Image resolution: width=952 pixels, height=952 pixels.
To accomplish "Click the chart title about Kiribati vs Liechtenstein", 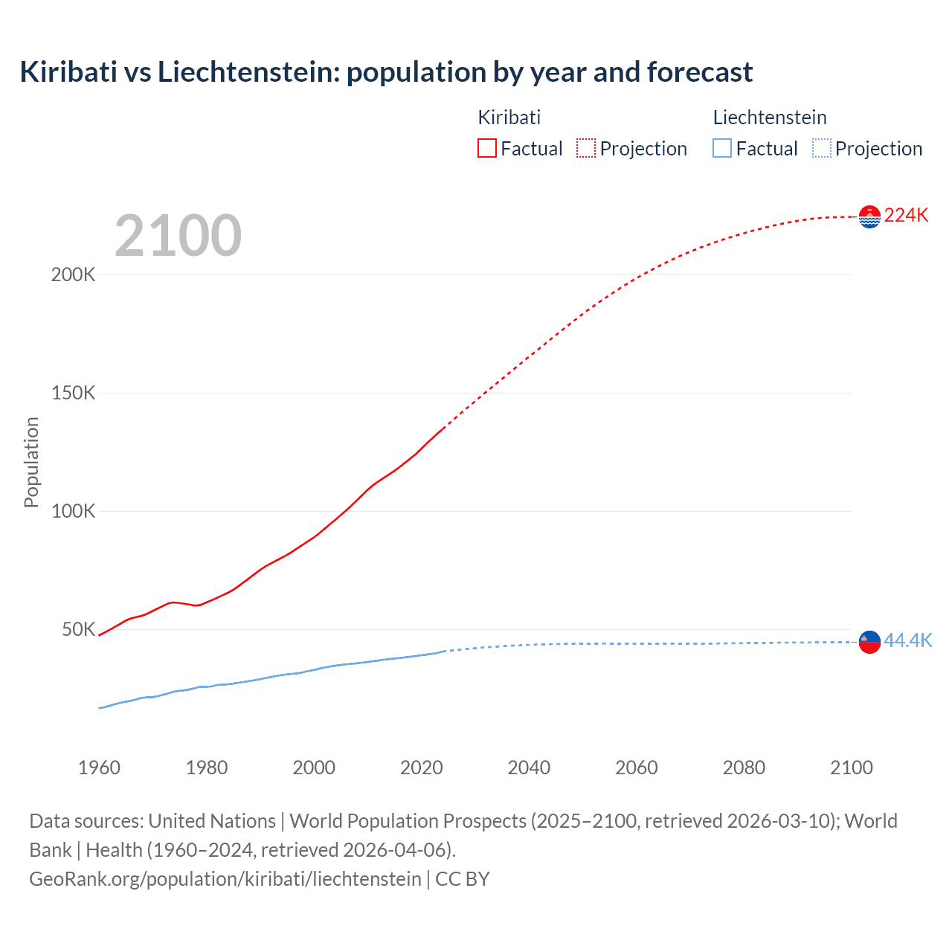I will coord(386,72).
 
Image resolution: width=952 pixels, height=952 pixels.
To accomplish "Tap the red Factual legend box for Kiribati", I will coord(486,149).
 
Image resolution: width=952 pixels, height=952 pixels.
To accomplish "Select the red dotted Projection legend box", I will coord(585,149).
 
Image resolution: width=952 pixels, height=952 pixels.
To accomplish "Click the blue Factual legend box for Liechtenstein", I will coord(721,149).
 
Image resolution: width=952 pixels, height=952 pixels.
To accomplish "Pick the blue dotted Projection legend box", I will coord(821,149).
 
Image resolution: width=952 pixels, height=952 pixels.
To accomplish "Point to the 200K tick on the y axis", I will coord(73,274).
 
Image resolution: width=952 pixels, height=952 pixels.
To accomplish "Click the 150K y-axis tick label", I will coord(73,393).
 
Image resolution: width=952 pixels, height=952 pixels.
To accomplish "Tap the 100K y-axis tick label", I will coord(73,511).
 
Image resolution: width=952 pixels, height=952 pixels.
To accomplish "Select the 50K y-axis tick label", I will coord(78,629).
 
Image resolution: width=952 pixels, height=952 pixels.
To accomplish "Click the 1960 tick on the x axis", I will coord(99,768).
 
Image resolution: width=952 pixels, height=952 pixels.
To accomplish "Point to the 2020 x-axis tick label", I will coord(421,768).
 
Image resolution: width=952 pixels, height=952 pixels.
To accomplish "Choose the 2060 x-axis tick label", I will coord(636,768).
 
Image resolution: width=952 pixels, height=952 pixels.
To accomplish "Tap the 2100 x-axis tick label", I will coord(851,768).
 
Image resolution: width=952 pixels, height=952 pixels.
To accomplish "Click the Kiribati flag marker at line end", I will coord(869,216).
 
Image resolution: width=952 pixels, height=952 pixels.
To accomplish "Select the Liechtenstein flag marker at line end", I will coord(869,641).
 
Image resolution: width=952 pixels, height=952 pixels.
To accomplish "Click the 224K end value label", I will coord(906,216).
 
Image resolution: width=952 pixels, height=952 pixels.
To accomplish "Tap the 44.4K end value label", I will coord(907,640).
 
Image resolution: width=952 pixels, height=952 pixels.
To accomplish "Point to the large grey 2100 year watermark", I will coord(178,236).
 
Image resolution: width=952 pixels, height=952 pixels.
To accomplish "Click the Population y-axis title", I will coord(31,462).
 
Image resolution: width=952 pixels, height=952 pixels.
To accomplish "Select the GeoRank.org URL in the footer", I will coord(225,879).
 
